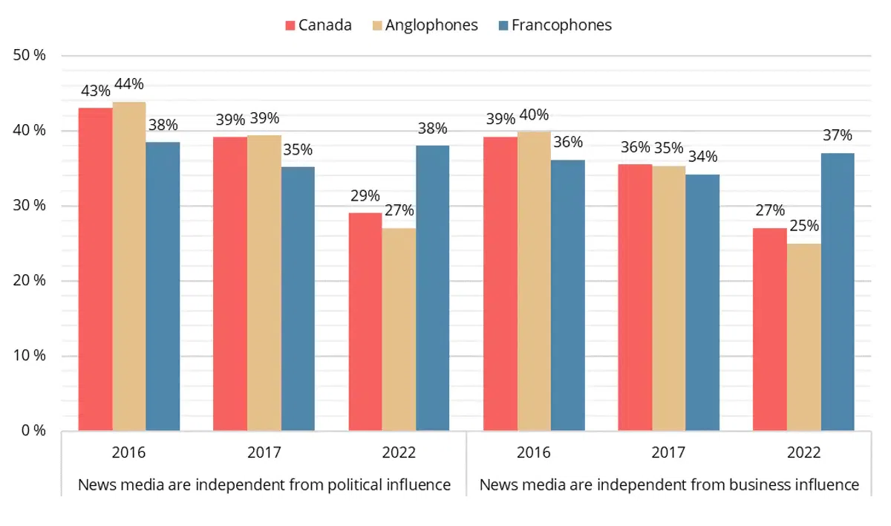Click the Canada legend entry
(x=319, y=25)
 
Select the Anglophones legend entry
(x=425, y=25)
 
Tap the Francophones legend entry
(x=555, y=25)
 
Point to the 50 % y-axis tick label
(x=30, y=55)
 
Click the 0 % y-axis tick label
(x=33, y=430)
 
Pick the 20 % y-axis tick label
(x=30, y=281)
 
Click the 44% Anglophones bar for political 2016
(x=129, y=266)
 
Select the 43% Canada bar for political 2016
(x=96, y=269)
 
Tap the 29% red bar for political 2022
(x=365, y=322)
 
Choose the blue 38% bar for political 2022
(x=432, y=288)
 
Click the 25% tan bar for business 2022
(x=804, y=337)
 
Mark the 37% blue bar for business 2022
(x=838, y=292)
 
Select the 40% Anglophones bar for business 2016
(x=534, y=281)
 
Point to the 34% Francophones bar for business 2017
(x=702, y=302)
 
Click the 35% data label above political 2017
(x=298, y=150)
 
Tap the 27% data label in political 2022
(x=399, y=210)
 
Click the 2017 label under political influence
(x=264, y=452)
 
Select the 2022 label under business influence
(x=804, y=452)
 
